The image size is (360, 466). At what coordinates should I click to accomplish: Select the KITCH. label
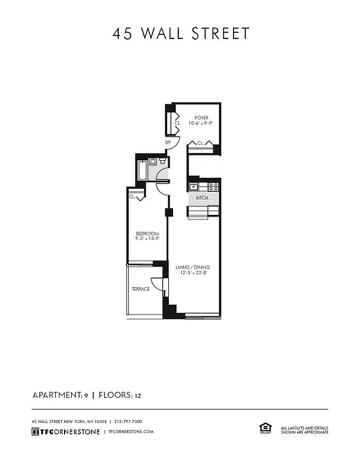click(x=202, y=198)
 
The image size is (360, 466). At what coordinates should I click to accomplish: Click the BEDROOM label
click(x=147, y=233)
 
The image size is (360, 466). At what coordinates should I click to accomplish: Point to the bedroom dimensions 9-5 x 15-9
click(x=147, y=238)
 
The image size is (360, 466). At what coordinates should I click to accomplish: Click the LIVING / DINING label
click(x=193, y=267)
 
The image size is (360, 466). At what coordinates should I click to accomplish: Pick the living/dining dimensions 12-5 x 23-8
click(x=193, y=273)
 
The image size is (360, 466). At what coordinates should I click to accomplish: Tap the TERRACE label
click(x=140, y=289)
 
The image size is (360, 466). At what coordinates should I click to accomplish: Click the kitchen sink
click(x=193, y=187)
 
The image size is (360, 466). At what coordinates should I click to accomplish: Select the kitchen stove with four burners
click(x=213, y=187)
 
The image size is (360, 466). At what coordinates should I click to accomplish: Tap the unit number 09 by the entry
click(x=168, y=142)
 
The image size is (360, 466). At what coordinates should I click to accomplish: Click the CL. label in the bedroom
click(x=132, y=197)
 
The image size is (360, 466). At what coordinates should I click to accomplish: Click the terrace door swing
click(x=157, y=283)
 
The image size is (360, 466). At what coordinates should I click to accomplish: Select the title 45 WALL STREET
click(x=181, y=34)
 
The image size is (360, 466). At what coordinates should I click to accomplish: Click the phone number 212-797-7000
click(x=128, y=421)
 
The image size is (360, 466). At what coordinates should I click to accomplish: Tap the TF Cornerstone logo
click(x=65, y=432)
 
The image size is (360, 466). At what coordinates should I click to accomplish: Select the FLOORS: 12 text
click(x=120, y=396)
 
